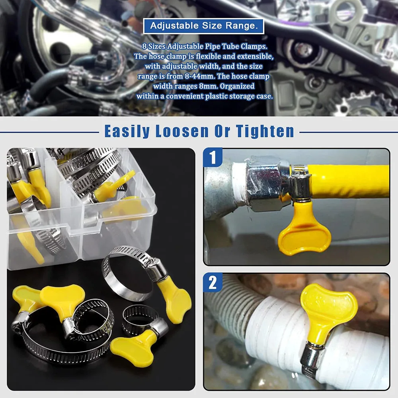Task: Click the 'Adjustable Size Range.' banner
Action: (x=203, y=26)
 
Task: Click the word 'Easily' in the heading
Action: (x=127, y=131)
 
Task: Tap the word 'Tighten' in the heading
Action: (x=265, y=131)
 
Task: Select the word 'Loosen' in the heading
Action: (x=182, y=131)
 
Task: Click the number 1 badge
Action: (x=213, y=157)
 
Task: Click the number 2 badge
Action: (x=213, y=283)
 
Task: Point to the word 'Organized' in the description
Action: (x=237, y=86)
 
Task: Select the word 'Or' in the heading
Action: (x=222, y=131)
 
